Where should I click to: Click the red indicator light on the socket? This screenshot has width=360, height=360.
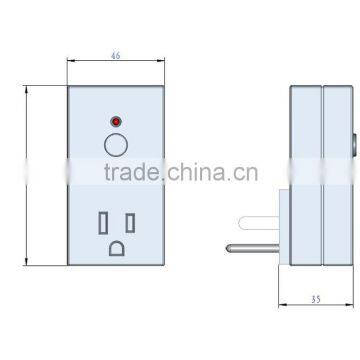coord(116,121)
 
